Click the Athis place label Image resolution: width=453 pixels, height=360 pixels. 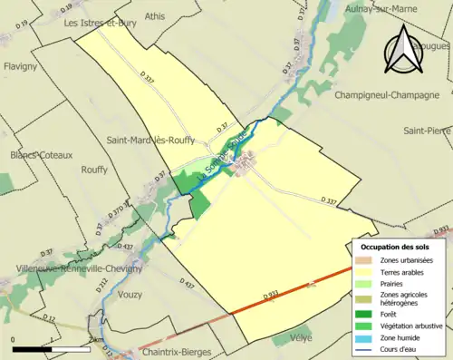[x=155, y=15]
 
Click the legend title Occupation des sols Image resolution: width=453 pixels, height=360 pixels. [x=395, y=247]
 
